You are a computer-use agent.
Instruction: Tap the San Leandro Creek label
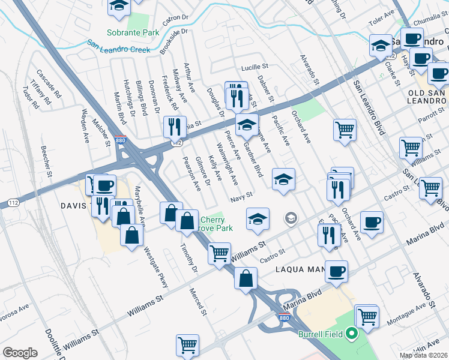tap(118, 46)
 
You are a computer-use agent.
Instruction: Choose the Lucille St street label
tap(254, 68)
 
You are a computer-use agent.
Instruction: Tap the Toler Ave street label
tap(380, 20)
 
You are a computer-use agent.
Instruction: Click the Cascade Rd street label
tap(49, 83)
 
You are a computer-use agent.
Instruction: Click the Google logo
tap(20, 353)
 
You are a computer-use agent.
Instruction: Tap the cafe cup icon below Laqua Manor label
tap(336, 272)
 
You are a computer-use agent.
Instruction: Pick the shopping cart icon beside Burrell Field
tap(367, 316)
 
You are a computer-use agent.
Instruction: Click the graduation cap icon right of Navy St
tap(284, 179)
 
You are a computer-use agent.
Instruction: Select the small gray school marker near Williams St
tap(291, 218)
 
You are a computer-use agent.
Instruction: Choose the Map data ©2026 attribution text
tap(424, 355)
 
